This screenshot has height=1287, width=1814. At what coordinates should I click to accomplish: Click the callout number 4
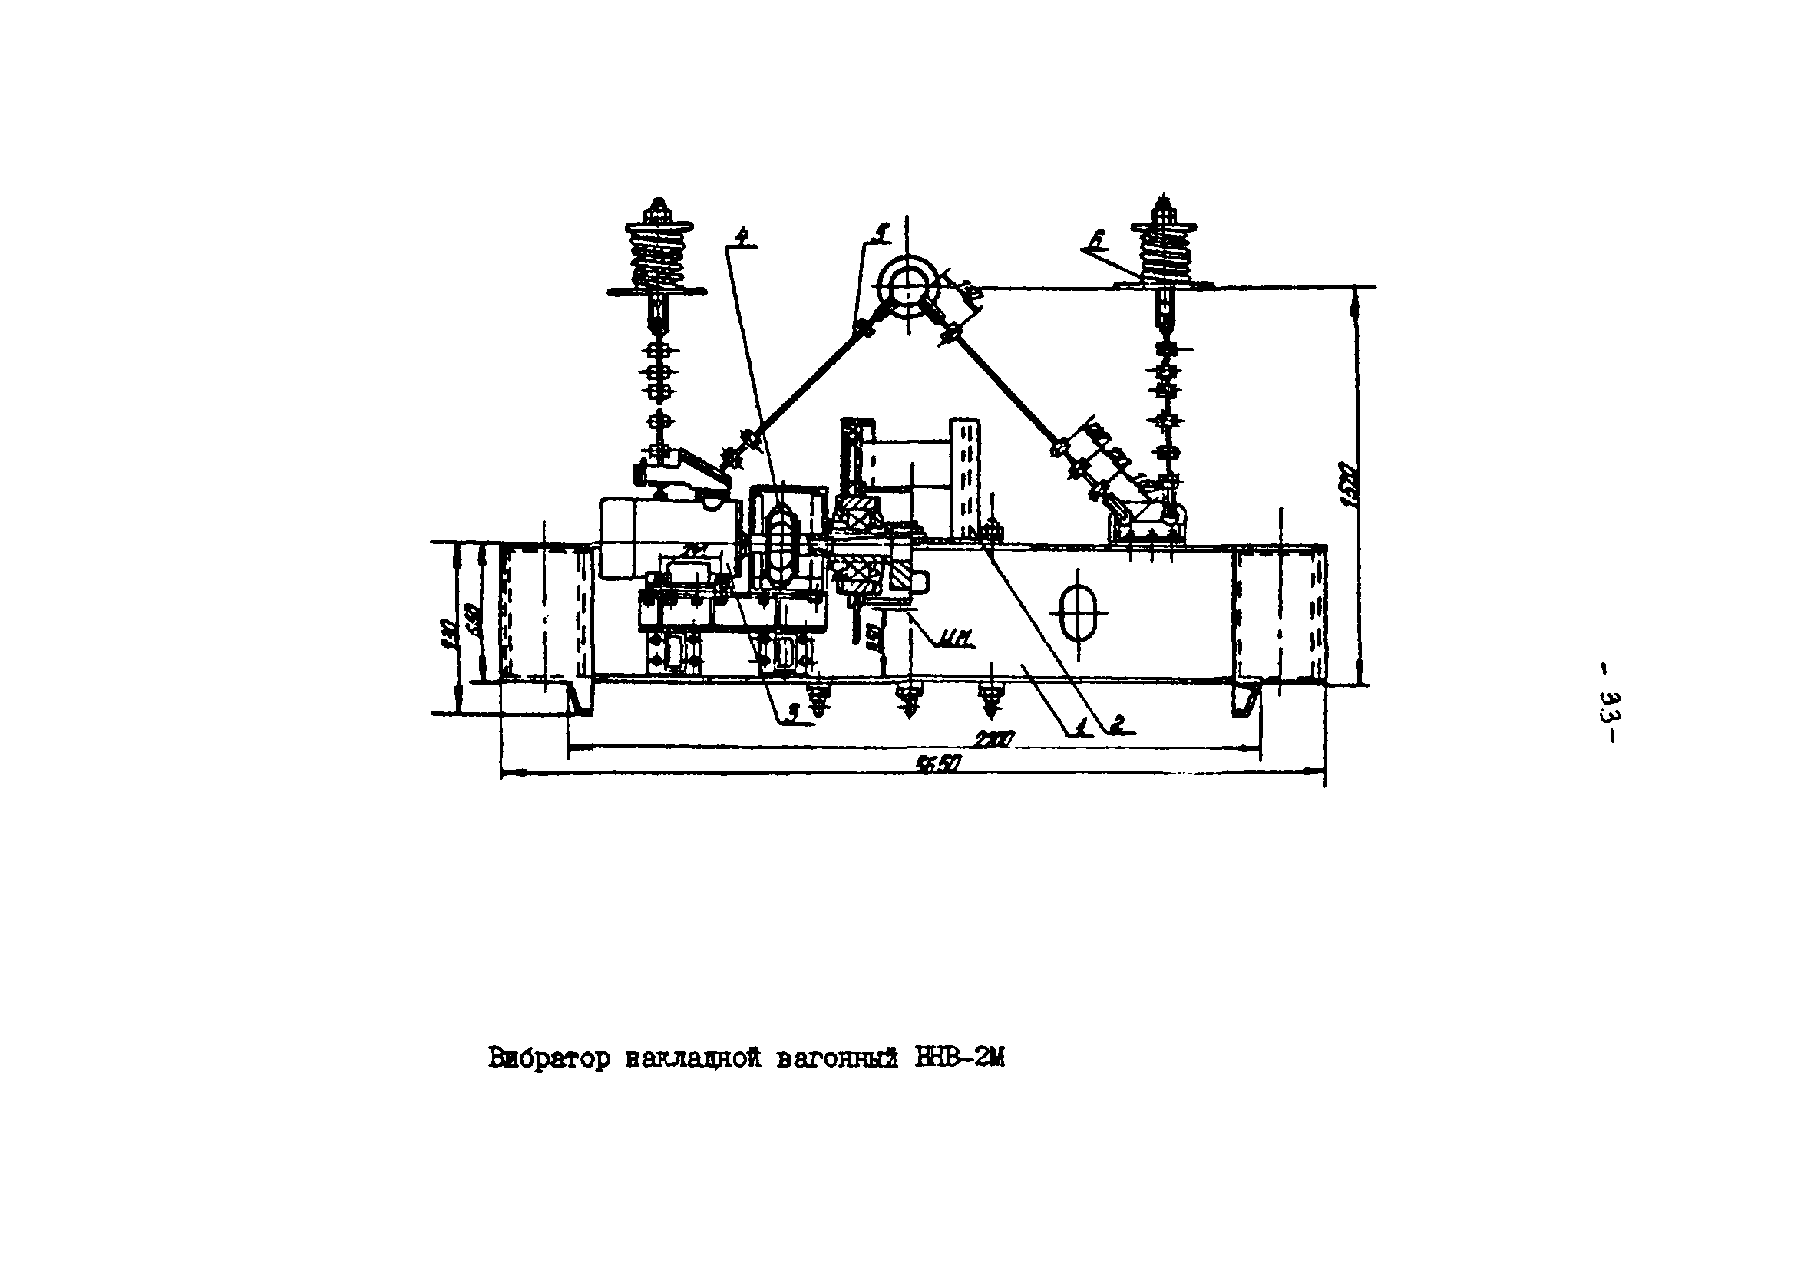742,236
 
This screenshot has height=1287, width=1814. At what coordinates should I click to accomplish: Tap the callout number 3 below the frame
791,715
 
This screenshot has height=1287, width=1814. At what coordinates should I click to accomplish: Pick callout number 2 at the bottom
1118,723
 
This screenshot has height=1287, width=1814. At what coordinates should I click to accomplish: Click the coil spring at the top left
656,252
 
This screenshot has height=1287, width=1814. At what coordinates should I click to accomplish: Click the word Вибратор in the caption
549,1059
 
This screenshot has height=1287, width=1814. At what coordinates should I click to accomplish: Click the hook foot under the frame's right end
1244,700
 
